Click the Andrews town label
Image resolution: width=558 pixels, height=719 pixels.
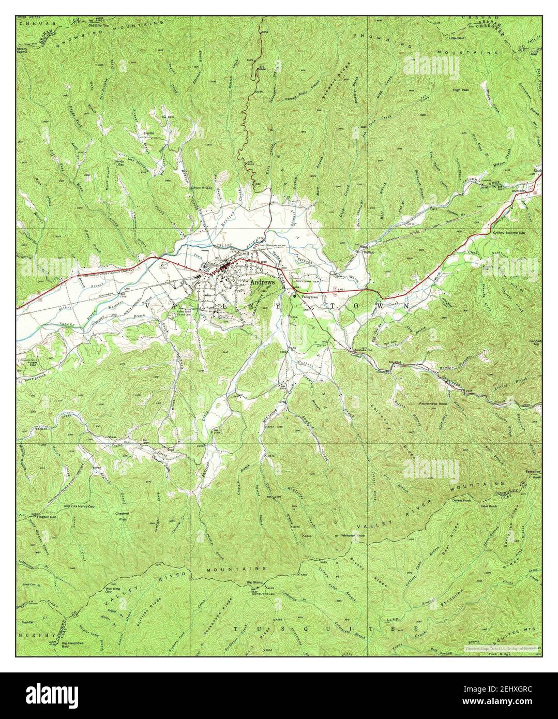[x=263, y=283]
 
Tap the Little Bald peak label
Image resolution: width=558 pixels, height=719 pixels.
[x=457, y=38]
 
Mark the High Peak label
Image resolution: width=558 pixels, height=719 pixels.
[x=460, y=90]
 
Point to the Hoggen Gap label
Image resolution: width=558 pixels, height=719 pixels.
[x=42, y=516]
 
